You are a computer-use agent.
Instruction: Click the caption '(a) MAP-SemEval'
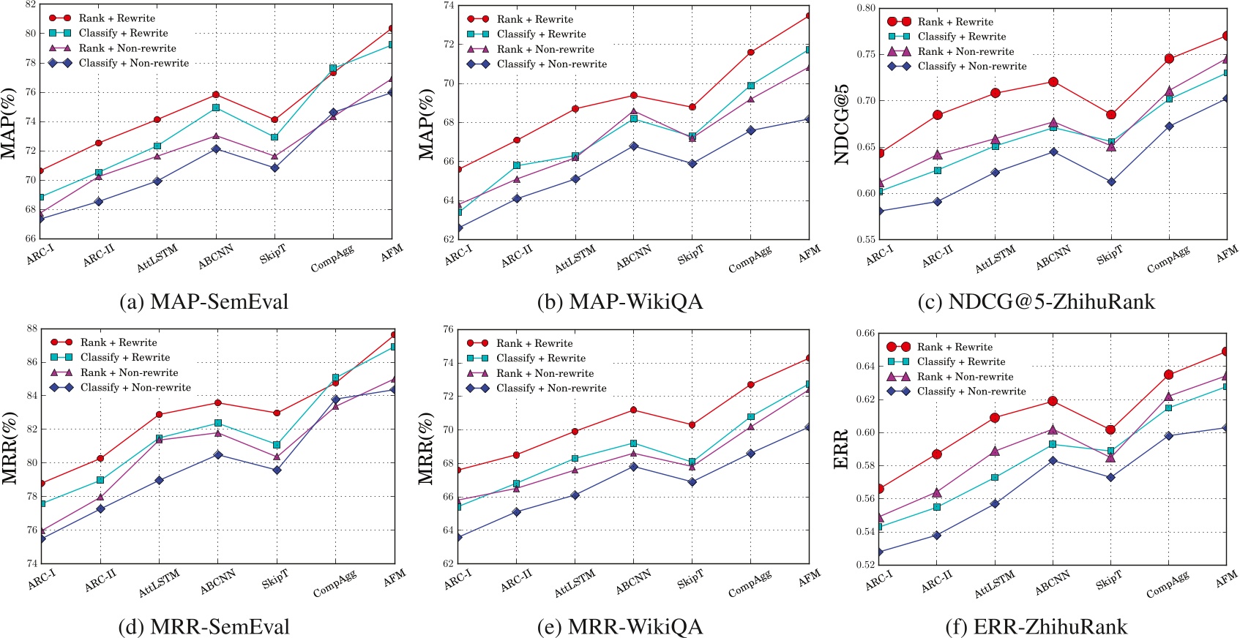point(204,302)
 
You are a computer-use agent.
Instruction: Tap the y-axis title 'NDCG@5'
point(842,124)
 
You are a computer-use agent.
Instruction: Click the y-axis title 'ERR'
point(841,449)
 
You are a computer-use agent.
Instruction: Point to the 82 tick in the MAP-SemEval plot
point(30,4)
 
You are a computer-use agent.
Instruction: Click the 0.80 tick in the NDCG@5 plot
point(866,9)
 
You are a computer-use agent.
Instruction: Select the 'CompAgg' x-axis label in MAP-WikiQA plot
point(750,260)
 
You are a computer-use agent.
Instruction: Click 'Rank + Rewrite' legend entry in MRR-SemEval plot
point(118,342)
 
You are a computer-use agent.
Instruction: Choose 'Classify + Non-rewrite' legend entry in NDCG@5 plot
point(971,67)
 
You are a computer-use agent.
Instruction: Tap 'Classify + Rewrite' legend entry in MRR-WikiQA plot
point(540,359)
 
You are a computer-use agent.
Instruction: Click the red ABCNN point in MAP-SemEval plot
point(216,94)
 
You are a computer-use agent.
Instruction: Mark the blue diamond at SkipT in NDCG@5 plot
point(1111,181)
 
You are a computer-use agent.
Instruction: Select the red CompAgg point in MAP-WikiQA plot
point(751,52)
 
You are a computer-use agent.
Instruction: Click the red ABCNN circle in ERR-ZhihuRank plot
point(1053,401)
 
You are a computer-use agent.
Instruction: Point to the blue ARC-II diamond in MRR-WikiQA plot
point(517,511)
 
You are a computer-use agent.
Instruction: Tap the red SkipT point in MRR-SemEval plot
point(277,413)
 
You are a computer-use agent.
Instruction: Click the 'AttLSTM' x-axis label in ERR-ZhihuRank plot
point(994,585)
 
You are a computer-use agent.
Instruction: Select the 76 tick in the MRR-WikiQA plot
point(446,329)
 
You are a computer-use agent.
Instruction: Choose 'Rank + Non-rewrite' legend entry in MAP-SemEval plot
point(127,48)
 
